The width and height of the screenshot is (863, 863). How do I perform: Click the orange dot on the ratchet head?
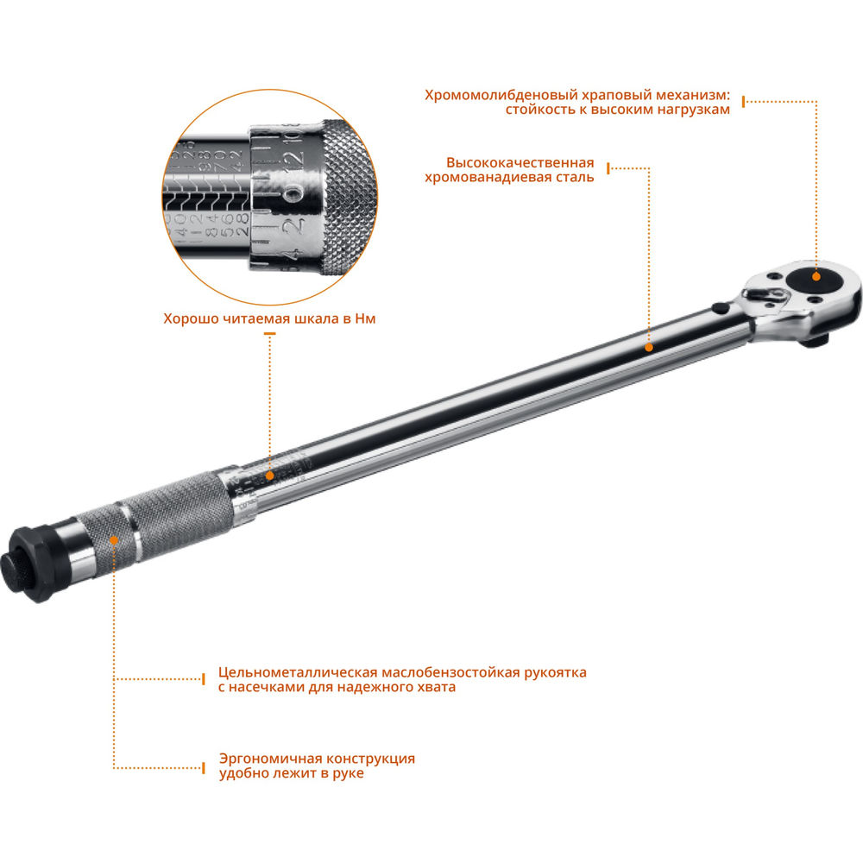point(816,276)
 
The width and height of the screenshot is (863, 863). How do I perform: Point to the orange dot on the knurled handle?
point(115,539)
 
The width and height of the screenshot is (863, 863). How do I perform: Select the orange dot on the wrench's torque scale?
point(269,474)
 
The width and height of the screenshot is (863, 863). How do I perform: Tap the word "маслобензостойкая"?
point(448,671)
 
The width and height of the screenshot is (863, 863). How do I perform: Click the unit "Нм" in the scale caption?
point(365,318)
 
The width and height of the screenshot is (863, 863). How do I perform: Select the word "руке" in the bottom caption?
point(345,774)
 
